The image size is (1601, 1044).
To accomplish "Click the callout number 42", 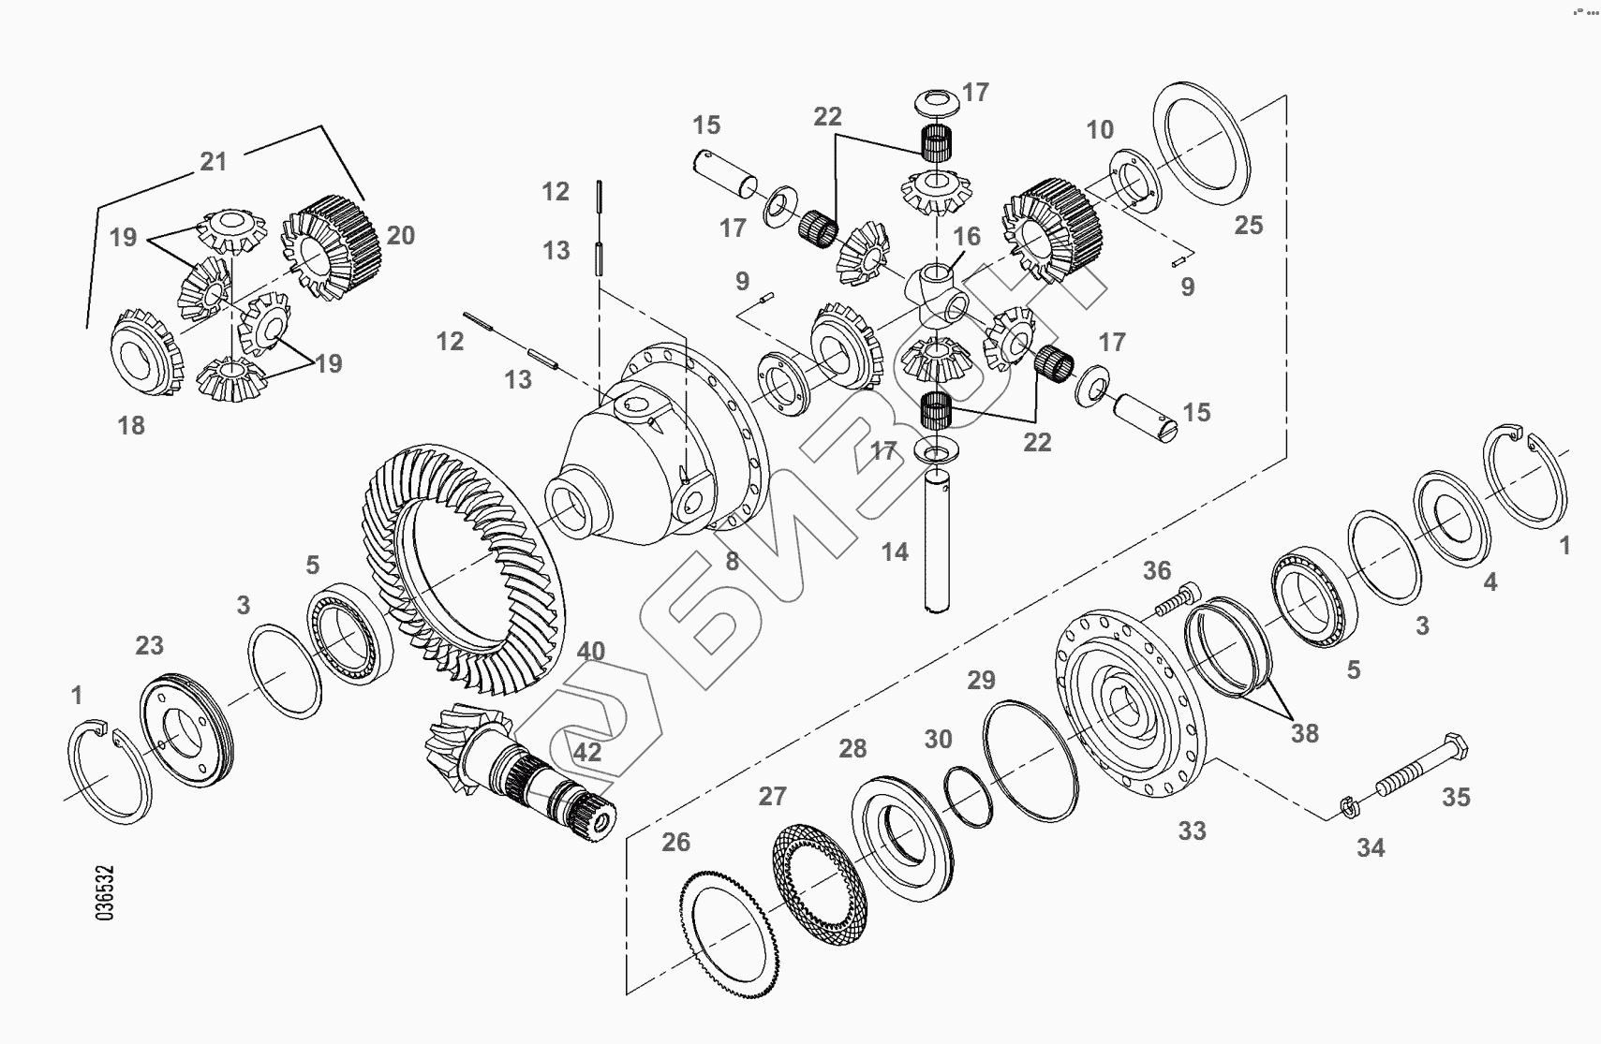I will pyautogui.click(x=587, y=753).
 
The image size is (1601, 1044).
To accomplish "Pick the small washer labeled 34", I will pyautogui.click(x=1347, y=805).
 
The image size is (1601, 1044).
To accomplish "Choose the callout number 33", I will pyautogui.click(x=1192, y=831).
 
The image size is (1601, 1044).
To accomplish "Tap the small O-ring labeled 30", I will pyautogui.click(x=968, y=796).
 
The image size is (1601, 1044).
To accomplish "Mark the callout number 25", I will pyautogui.click(x=1248, y=226).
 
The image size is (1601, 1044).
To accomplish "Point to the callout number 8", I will pyautogui.click(x=733, y=562).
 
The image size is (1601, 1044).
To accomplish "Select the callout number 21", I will pyautogui.click(x=214, y=161).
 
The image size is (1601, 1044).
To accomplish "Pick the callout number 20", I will pyautogui.click(x=400, y=236).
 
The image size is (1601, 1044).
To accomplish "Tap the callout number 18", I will pyautogui.click(x=131, y=425).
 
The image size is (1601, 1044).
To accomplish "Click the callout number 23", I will pyautogui.click(x=149, y=645).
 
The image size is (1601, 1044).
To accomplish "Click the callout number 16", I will pyautogui.click(x=966, y=236).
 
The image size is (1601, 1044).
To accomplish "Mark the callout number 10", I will pyautogui.click(x=1100, y=129).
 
